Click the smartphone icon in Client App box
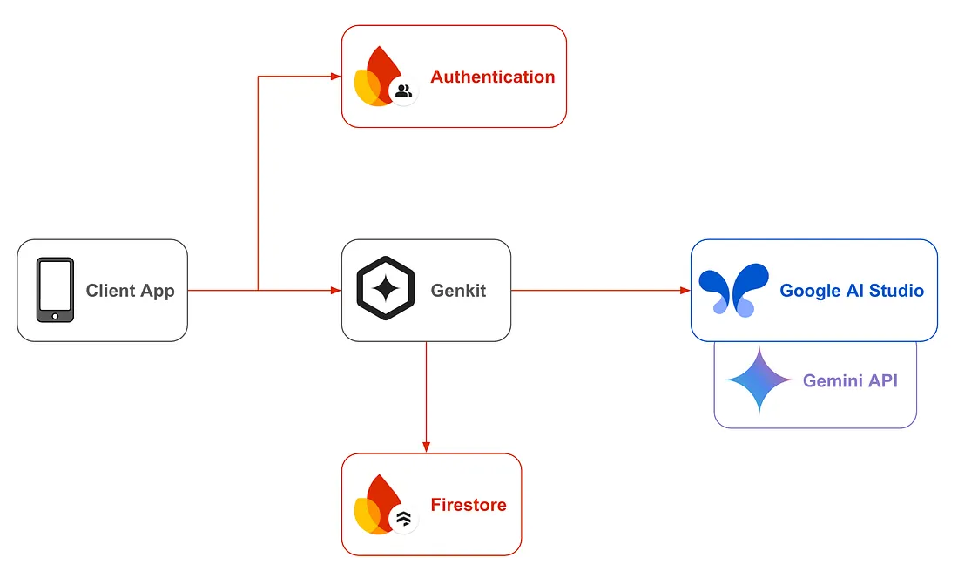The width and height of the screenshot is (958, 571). coord(54,290)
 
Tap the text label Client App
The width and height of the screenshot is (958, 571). coord(130,291)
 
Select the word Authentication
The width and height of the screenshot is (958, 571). coord(492,77)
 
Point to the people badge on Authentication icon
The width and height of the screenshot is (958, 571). coord(403,91)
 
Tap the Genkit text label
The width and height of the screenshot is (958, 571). coord(458,291)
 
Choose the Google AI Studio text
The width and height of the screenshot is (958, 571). coord(852,291)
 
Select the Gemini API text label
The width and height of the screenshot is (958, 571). coord(850,380)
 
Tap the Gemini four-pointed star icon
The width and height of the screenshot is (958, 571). coord(759,380)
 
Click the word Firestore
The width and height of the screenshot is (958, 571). coord(468,505)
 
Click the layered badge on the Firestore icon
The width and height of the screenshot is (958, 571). coord(403,519)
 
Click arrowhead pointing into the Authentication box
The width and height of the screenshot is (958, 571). coord(336,77)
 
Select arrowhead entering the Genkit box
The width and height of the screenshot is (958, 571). coord(336,290)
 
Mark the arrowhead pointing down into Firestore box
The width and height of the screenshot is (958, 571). coord(426,447)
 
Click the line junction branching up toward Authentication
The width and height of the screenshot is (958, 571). coord(258,290)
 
